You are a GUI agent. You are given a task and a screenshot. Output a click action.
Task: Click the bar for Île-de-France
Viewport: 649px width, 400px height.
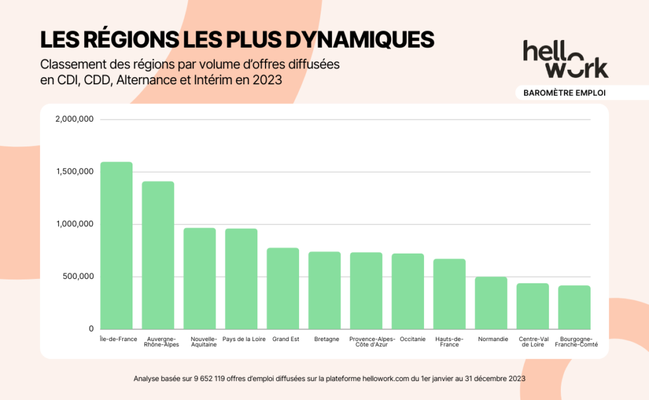click(x=117, y=245)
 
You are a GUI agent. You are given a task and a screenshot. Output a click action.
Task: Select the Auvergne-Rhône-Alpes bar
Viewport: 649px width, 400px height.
click(x=158, y=255)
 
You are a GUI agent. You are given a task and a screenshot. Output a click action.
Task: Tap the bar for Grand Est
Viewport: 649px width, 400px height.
click(x=283, y=288)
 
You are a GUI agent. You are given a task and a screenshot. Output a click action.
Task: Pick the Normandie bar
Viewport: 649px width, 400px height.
click(x=491, y=302)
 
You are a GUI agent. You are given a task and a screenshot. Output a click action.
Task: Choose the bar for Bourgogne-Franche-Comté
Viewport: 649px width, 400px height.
click(x=574, y=307)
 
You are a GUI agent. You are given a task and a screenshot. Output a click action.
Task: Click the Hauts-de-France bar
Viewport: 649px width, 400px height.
click(x=449, y=294)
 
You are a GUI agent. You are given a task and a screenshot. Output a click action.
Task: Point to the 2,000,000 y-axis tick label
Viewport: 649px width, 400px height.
click(x=75, y=119)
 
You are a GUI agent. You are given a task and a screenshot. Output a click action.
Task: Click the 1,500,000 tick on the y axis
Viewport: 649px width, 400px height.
click(x=75, y=172)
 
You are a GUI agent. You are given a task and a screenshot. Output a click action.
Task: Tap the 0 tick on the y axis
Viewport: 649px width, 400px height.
click(x=91, y=329)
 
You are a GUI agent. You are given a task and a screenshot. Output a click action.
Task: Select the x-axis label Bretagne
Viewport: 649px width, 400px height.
click(x=326, y=339)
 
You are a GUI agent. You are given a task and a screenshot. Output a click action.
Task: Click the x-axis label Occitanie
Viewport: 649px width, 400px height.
click(x=413, y=339)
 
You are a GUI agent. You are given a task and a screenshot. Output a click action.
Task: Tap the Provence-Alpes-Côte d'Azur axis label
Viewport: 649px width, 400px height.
click(x=371, y=342)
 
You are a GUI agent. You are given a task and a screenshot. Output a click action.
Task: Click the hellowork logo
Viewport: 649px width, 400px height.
click(x=565, y=59)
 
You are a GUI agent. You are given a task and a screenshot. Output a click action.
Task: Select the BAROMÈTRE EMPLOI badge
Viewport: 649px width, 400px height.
click(x=565, y=93)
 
